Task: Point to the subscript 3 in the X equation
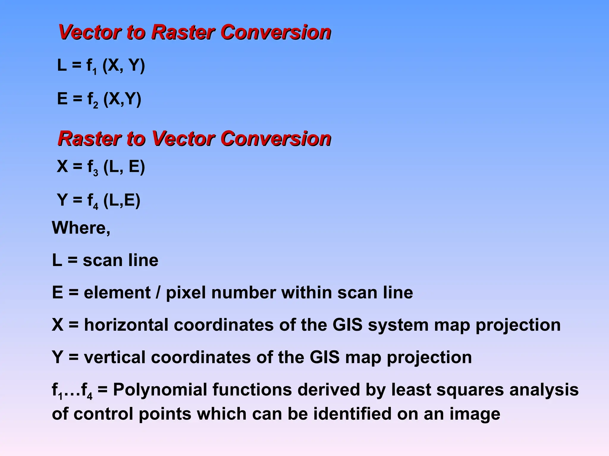coord(95,172)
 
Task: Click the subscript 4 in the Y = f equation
coord(95,206)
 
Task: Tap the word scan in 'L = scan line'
coord(102,260)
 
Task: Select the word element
coord(117,292)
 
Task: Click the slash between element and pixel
coord(158,293)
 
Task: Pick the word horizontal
coord(126,325)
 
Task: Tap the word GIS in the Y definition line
coord(324,357)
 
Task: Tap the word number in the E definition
coord(243,292)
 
